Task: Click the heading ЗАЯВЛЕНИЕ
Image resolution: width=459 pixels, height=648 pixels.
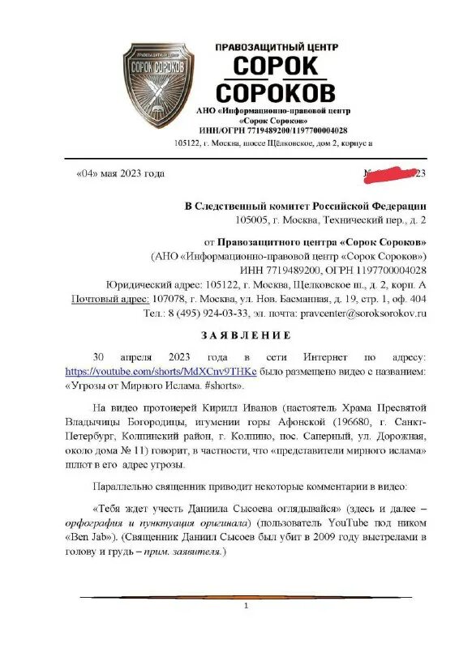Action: coord(234,335)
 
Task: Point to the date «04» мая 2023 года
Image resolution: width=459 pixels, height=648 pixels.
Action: coord(120,173)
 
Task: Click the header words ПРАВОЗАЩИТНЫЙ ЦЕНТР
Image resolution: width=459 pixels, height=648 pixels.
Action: coord(276,48)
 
